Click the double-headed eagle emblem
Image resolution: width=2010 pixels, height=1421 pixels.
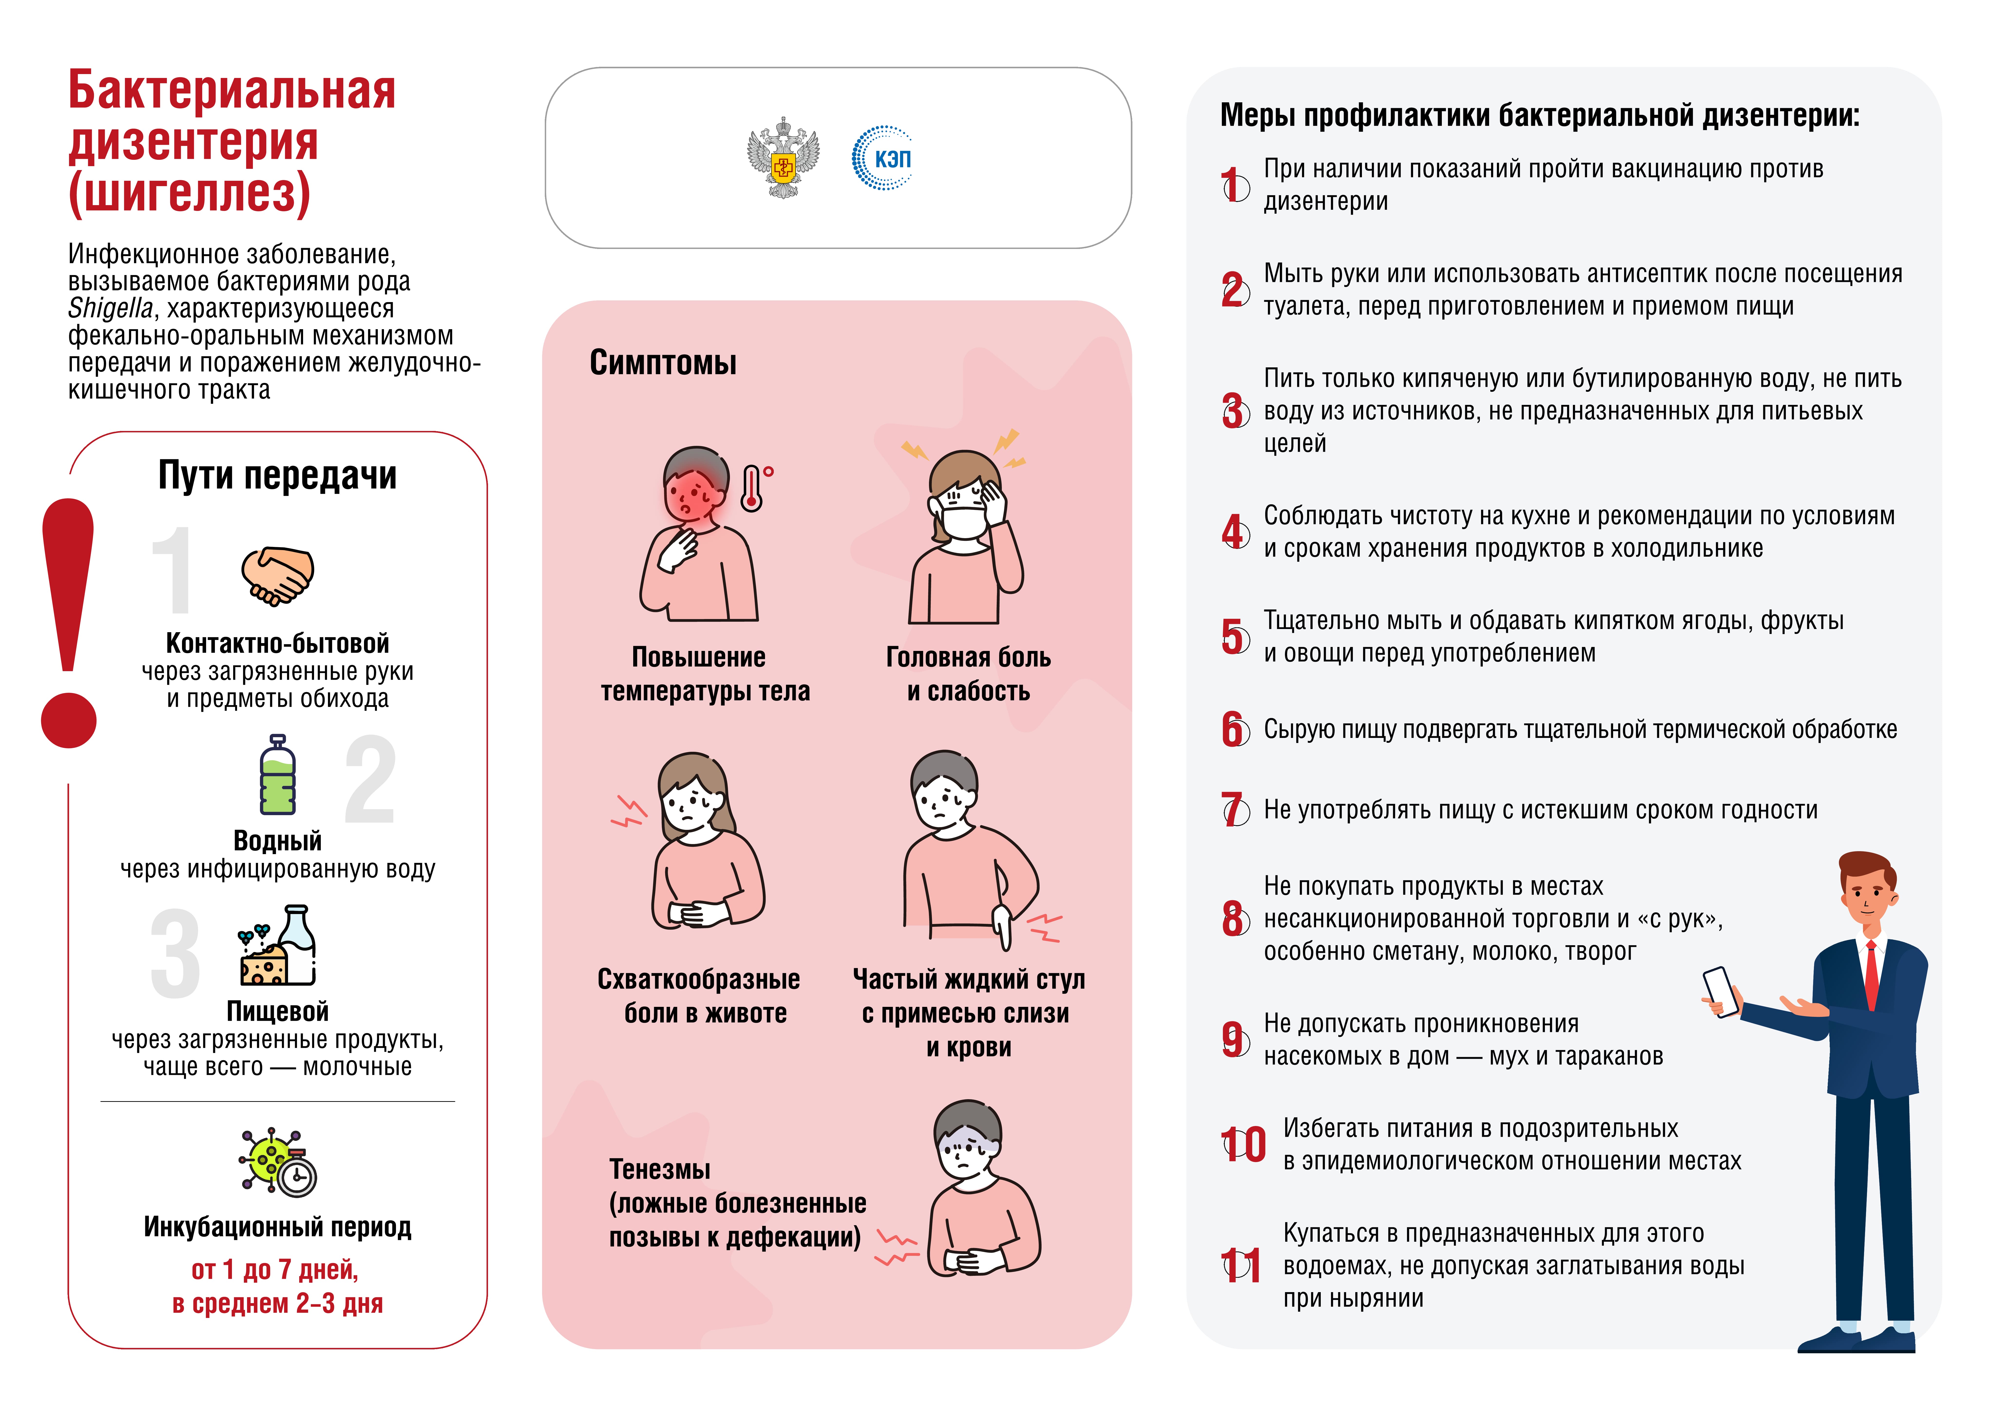[783, 159]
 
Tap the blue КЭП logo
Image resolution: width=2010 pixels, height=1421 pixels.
[882, 159]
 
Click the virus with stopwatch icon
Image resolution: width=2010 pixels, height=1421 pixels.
[278, 1163]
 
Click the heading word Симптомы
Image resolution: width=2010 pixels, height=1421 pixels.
[663, 362]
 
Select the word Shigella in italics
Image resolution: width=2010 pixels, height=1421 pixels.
[110, 308]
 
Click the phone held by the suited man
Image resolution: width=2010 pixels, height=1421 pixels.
[1720, 992]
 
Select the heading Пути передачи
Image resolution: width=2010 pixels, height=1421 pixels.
[278, 476]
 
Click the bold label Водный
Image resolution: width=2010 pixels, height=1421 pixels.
[278, 840]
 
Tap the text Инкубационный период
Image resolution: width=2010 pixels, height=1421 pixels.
[278, 1227]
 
